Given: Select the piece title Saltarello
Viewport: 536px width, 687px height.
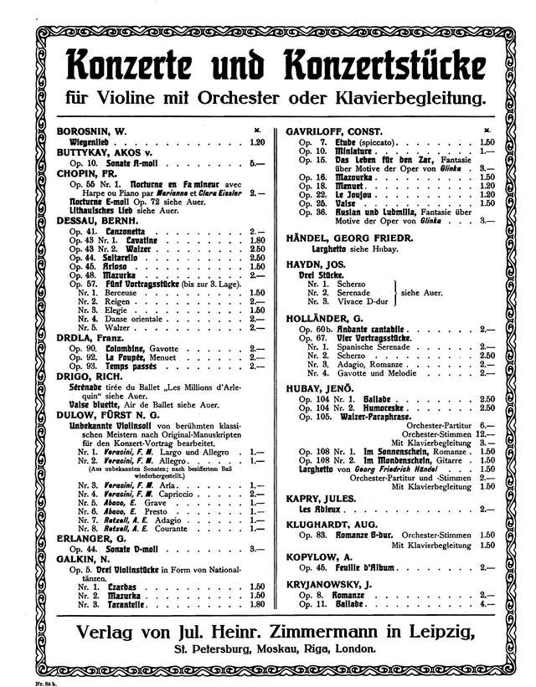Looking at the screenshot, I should pos(123,259).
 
